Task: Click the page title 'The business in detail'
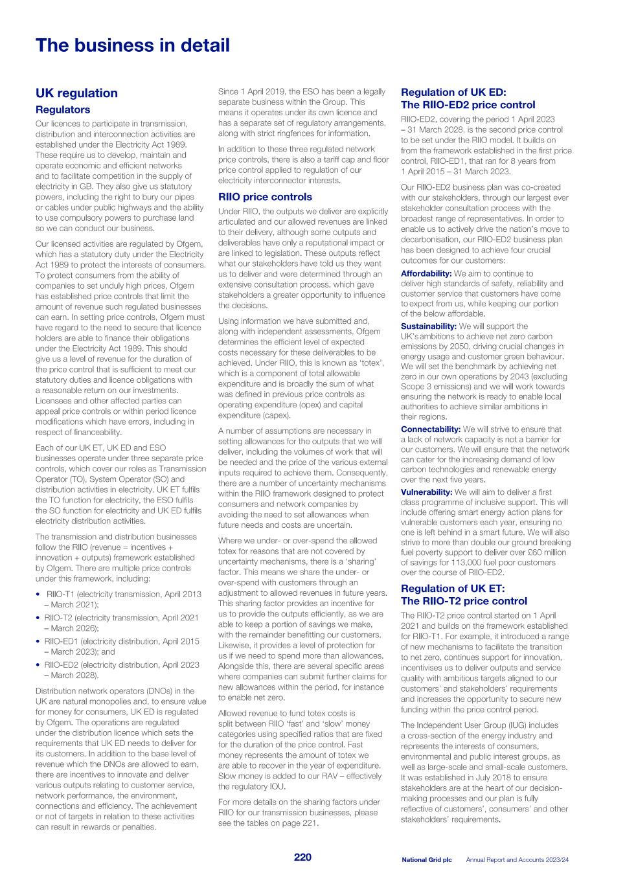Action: (x=132, y=45)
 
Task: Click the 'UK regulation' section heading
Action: (x=76, y=93)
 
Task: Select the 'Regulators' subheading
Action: (x=63, y=110)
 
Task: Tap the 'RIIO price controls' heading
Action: (x=265, y=197)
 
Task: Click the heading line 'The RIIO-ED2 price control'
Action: (x=468, y=105)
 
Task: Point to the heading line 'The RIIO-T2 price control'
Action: (x=464, y=601)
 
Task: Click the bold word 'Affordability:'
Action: (x=426, y=273)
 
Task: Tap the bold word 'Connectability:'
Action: (x=430, y=429)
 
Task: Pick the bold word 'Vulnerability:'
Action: (x=426, y=492)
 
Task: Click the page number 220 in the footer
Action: (x=302, y=857)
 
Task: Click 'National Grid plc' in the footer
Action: (x=426, y=860)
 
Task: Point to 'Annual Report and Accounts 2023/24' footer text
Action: (x=517, y=860)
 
